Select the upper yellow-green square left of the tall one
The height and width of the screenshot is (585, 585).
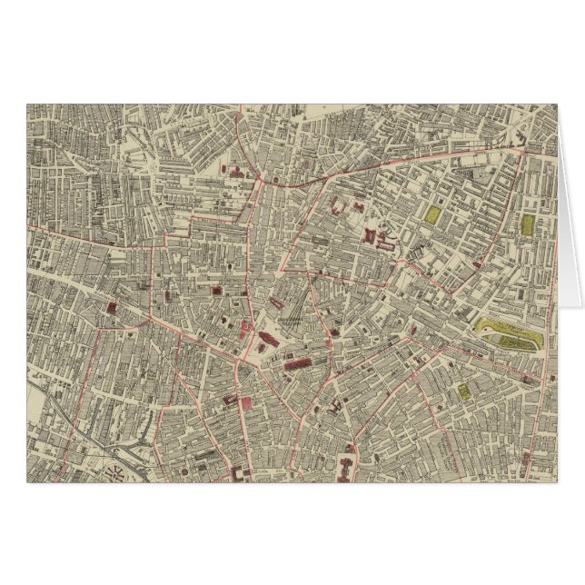434,215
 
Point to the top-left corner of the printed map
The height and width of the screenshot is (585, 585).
27,104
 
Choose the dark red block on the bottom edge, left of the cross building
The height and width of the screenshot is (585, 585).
240,474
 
